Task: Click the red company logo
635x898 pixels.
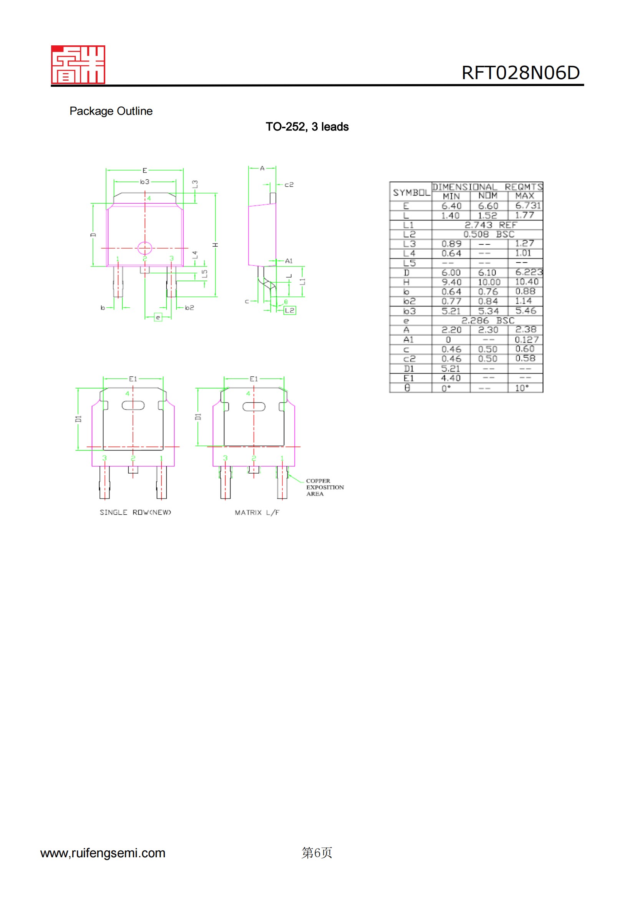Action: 78,65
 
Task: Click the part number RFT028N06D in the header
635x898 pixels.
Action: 520,73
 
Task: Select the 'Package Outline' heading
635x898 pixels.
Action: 111,111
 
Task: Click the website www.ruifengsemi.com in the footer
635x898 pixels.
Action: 103,853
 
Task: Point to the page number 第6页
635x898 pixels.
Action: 317,853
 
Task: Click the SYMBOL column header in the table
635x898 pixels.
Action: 411,192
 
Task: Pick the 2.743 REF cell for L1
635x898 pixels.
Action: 490,225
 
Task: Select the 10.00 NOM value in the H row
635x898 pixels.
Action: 489,282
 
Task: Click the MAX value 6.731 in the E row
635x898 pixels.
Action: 527,206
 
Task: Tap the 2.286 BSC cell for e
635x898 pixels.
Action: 487,320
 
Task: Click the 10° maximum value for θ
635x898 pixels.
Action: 522,388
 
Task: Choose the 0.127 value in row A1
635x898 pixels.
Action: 526,340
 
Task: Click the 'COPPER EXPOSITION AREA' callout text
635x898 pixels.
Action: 324,487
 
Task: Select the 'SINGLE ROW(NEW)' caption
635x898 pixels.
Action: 135,512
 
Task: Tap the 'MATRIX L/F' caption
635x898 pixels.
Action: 257,512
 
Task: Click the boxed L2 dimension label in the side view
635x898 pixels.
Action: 290,311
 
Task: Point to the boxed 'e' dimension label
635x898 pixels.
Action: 158,317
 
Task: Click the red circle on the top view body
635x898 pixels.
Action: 145,248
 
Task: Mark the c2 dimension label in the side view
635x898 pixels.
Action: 289,185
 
